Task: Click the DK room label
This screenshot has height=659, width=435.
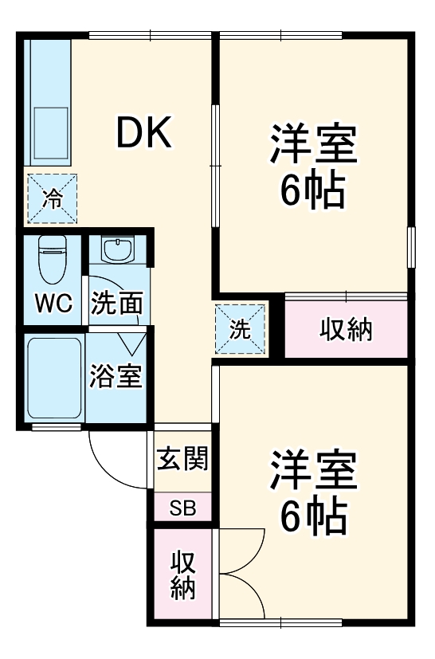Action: click(x=144, y=134)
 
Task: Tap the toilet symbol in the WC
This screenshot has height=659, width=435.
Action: click(x=53, y=260)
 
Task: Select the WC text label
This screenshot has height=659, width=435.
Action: click(x=53, y=304)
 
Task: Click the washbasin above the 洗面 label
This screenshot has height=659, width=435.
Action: click(x=118, y=249)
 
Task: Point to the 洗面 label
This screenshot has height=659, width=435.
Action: click(x=117, y=304)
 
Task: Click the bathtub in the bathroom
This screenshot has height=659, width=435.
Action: click(x=54, y=378)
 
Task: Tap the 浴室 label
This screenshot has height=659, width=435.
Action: click(x=117, y=376)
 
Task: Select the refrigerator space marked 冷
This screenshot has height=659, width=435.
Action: click(x=53, y=198)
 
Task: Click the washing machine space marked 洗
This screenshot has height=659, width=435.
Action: click(x=240, y=329)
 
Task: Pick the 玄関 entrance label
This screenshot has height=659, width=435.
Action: click(x=182, y=459)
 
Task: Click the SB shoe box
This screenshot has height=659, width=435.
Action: click(x=182, y=508)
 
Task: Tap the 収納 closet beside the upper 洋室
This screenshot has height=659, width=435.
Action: click(x=347, y=329)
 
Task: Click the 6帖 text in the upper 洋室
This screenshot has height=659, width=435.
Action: click(x=313, y=190)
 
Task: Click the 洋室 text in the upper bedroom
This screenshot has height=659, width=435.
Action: click(x=313, y=143)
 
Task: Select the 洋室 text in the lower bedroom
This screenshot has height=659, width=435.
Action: click(x=313, y=472)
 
